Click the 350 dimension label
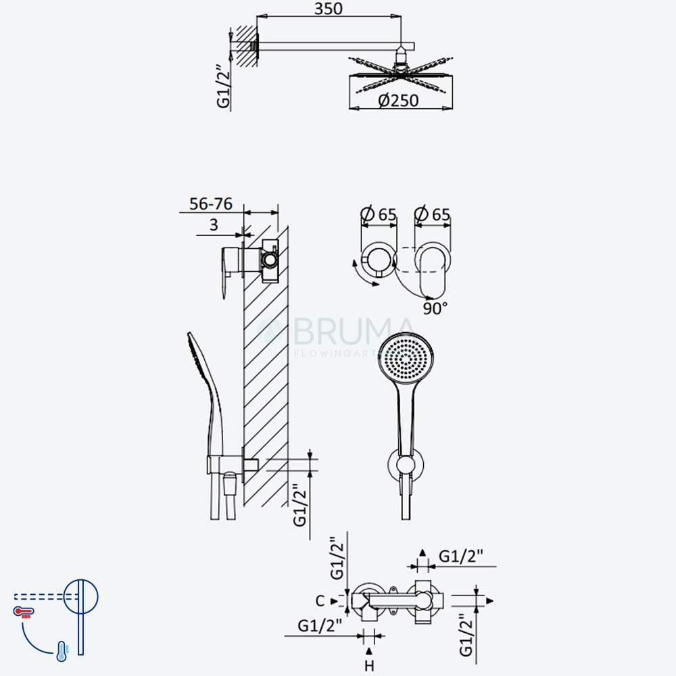click(329, 9)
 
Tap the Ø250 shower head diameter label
click(398, 101)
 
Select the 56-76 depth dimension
click(211, 204)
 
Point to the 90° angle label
click(435, 308)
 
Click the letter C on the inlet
click(320, 600)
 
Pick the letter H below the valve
click(370, 666)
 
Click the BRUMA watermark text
click(354, 331)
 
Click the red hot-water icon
click(24, 612)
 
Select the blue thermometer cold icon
click(62, 652)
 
